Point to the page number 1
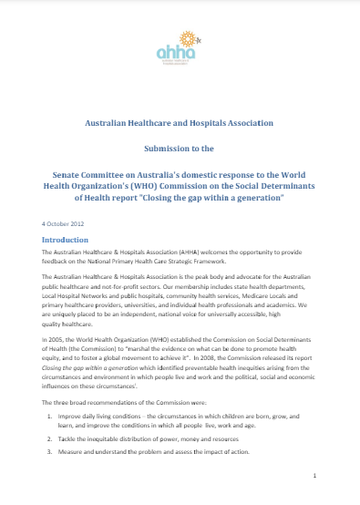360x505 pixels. pyautogui.click(x=313, y=474)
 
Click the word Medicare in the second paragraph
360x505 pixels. pyautogui.click(x=237, y=290)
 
